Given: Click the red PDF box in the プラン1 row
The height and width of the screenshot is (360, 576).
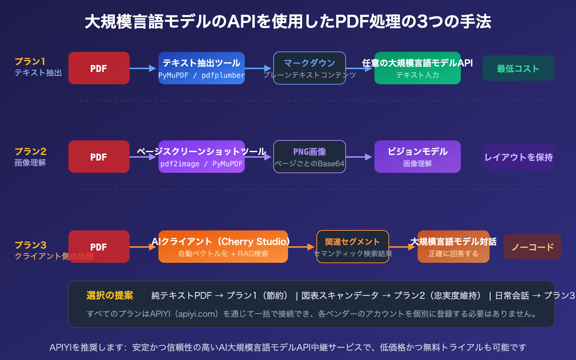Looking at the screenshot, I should point(99,68).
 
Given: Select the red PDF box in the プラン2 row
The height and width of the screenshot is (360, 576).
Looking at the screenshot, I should point(99,157).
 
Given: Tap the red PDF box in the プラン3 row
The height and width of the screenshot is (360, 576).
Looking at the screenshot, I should point(99,247).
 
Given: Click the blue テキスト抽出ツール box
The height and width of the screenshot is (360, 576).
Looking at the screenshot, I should point(202,68).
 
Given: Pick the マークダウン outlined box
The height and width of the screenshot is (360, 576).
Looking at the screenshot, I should point(310,68).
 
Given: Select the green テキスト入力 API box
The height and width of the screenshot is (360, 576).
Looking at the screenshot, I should point(418,68).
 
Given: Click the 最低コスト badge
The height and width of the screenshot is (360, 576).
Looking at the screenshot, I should point(518,68).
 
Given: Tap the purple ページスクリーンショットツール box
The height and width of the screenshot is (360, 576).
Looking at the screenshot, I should point(202,157).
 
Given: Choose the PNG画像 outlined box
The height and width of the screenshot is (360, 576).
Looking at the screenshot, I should point(310,157).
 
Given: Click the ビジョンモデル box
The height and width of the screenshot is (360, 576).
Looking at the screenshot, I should point(418,157).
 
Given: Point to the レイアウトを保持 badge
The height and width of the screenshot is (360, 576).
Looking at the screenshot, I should point(518,157).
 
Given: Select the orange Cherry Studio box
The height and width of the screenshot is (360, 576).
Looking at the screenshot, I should point(223,247).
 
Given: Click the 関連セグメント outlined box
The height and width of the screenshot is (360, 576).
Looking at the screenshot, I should point(353,247).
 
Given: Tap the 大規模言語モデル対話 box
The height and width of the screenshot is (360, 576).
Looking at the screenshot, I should point(454,247).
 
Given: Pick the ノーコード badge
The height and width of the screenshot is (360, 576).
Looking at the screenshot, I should point(532,247).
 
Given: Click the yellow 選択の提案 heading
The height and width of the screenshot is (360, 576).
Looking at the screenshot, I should point(110,296).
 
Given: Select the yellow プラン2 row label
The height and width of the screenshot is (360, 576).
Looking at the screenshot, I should point(31,151).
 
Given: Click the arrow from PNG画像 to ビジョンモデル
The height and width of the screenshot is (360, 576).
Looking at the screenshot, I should point(359,157).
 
